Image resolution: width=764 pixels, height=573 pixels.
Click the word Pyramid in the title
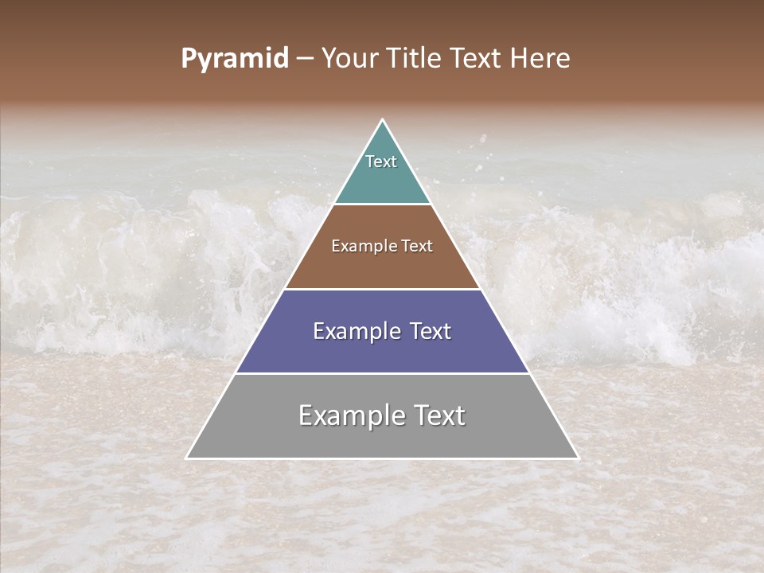click(235, 59)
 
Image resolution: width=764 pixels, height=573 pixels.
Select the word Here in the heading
click(542, 58)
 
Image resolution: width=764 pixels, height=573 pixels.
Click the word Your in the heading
click(349, 58)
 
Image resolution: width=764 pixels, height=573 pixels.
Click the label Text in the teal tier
click(381, 162)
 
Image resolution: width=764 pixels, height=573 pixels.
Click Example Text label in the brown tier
click(382, 246)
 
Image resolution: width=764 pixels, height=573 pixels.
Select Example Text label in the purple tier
click(382, 331)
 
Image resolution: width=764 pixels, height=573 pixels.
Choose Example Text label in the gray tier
click(382, 415)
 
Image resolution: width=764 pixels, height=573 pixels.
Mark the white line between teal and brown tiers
click(382, 205)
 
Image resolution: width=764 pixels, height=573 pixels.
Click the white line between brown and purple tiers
click(382, 289)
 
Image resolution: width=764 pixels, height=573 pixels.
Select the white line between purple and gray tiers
click(382, 373)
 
